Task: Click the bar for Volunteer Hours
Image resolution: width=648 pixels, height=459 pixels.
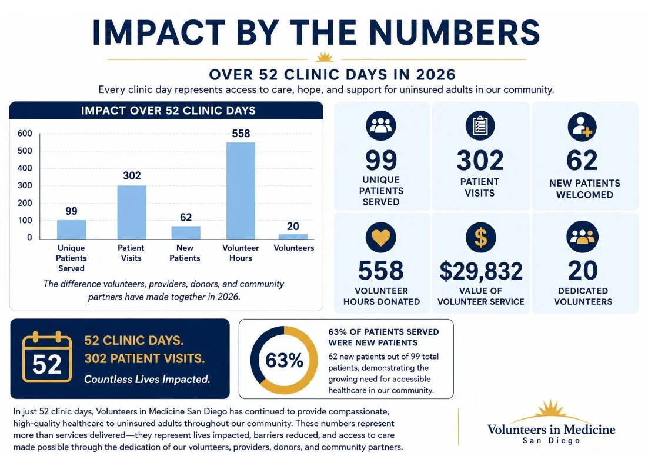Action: [x=241, y=191]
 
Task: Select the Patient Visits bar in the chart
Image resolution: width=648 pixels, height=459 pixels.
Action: [x=131, y=212]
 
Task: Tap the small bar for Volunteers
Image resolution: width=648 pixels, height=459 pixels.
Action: [x=293, y=237]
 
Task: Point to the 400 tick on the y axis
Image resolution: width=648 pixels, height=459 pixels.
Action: [x=25, y=168]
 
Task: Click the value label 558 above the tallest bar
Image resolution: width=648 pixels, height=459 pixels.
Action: [x=241, y=134]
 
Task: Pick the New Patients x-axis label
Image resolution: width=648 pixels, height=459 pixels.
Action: [x=185, y=252]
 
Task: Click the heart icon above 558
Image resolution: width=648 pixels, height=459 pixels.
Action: [x=381, y=237]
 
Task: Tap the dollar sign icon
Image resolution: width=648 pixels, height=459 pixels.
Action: [x=480, y=237]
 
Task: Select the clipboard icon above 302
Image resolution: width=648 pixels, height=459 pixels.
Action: [x=480, y=126]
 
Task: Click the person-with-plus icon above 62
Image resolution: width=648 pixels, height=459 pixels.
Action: [x=582, y=127]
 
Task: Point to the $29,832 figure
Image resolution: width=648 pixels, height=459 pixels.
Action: [x=481, y=271]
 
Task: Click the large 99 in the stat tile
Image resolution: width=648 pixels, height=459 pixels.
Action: [x=381, y=161]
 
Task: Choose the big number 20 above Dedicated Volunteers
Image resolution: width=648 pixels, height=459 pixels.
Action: [x=583, y=271]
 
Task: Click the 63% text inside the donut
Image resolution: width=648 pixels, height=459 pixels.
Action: [x=285, y=360]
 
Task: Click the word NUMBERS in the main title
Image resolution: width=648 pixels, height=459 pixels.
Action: [x=454, y=32]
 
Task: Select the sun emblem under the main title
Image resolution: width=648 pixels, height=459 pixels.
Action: [x=325, y=56]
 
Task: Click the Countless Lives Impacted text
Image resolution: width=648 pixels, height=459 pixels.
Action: [x=147, y=379]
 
